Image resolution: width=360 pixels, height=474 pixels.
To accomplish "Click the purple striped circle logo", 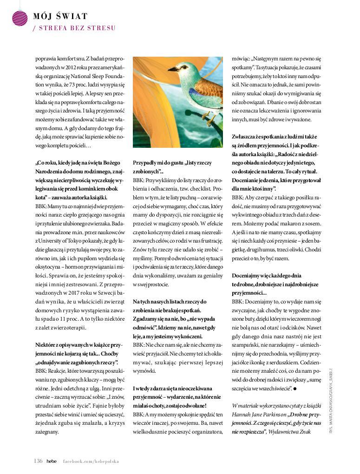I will point(20,17).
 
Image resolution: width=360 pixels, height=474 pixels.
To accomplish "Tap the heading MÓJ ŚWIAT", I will point(60,17).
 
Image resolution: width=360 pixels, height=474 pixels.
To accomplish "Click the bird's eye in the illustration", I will point(178,66).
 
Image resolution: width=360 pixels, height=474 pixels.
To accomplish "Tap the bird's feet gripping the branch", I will point(209,120).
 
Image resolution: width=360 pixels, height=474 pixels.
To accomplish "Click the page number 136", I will point(38,461).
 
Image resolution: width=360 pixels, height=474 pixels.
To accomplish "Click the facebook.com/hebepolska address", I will point(91,461).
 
